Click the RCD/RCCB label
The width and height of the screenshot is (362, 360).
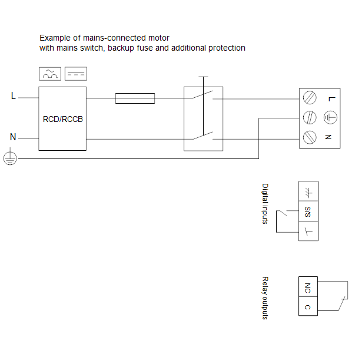(63, 119)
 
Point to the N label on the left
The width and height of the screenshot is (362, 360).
(13, 137)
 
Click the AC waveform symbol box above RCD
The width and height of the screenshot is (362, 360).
(50, 74)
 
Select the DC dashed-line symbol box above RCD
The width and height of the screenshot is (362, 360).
(75, 74)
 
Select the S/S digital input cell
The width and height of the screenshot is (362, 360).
(308, 211)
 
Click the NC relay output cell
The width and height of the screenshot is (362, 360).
(308, 288)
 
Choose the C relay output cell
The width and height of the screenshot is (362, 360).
(308, 307)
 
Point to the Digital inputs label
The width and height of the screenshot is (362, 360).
(265, 203)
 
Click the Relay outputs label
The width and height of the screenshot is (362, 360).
(265, 298)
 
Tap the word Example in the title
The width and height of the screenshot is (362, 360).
(54, 38)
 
